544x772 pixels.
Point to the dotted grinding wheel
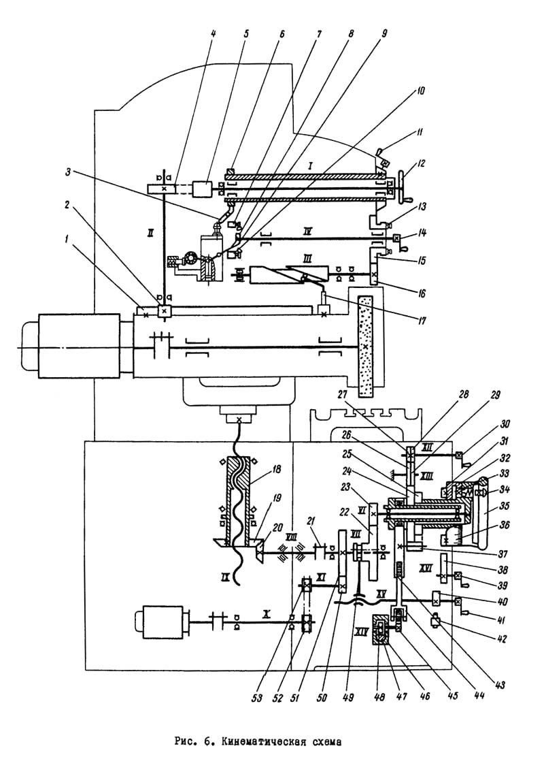(367, 346)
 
